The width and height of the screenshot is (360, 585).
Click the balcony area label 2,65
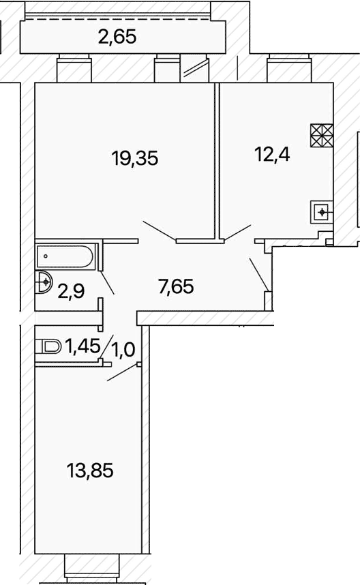(117, 37)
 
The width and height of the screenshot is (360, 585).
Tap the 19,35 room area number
(135, 158)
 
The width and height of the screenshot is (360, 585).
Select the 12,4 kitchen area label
(272, 154)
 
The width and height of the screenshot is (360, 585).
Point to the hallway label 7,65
(176, 287)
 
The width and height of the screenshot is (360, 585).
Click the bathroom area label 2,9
(72, 291)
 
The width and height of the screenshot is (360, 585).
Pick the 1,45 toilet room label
(82, 346)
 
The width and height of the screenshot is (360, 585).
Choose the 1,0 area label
(124, 350)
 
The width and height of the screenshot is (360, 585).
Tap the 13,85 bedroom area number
(90, 470)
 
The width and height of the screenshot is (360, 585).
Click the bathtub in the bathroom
(65, 256)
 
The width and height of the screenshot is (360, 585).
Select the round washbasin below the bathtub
(44, 282)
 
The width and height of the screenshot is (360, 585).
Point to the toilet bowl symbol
(48, 347)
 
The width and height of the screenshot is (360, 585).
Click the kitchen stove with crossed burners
(322, 135)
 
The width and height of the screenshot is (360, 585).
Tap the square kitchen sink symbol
(322, 212)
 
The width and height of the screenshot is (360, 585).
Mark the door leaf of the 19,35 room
(160, 230)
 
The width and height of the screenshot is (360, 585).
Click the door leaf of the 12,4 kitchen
(237, 232)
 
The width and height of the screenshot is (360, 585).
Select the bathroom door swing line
(107, 282)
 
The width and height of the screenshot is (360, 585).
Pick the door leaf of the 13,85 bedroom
(123, 373)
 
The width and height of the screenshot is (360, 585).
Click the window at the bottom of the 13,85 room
(92, 569)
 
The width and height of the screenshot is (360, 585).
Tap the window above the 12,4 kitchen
(288, 67)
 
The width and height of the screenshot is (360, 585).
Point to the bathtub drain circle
(46, 256)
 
